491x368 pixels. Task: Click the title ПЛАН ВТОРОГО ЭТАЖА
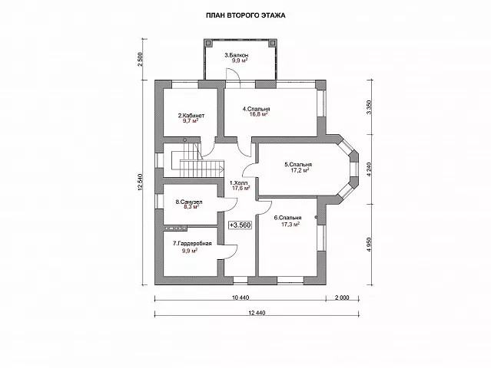[246, 15]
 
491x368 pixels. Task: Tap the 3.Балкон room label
[237, 55]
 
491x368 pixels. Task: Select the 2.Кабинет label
[191, 116]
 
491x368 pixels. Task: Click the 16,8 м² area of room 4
[258, 114]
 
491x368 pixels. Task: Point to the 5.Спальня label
[298, 164]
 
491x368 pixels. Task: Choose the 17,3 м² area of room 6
[290, 224]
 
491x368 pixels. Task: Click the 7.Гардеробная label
[192, 243]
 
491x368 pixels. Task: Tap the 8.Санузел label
[189, 202]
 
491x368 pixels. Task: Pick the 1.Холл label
[239, 182]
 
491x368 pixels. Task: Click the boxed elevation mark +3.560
[241, 225]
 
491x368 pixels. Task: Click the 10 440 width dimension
[241, 297]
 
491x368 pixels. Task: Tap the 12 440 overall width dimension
[257, 313]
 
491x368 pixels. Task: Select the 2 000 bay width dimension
[342, 297]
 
